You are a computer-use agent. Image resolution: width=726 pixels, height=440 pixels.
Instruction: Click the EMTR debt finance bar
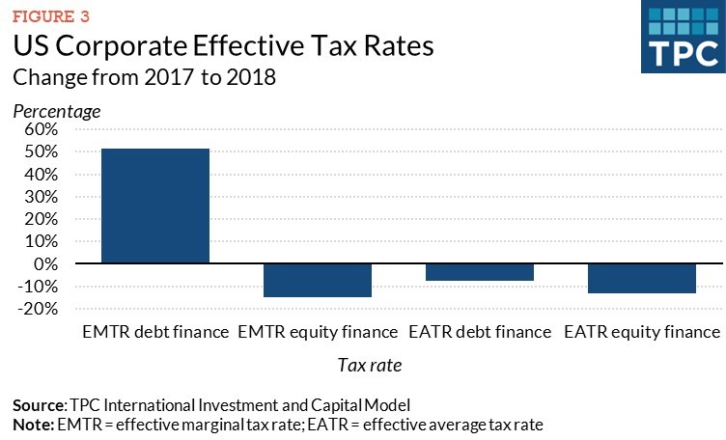tap(155, 206)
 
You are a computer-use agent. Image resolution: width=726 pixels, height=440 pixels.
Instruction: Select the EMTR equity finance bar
tap(318, 280)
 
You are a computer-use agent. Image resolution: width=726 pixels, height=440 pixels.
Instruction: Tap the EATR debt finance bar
tap(480, 272)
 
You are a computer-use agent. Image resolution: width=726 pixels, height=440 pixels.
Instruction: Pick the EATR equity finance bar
tap(642, 278)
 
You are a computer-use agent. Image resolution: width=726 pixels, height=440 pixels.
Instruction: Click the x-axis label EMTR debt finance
tap(155, 332)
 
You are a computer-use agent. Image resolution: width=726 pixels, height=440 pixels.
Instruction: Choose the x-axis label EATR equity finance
tap(642, 332)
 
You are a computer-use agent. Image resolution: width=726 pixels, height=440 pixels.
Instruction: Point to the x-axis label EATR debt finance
tap(480, 332)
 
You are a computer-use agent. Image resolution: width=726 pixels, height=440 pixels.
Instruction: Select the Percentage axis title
tap(56, 111)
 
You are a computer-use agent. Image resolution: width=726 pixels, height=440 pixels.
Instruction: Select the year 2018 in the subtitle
tap(250, 78)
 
